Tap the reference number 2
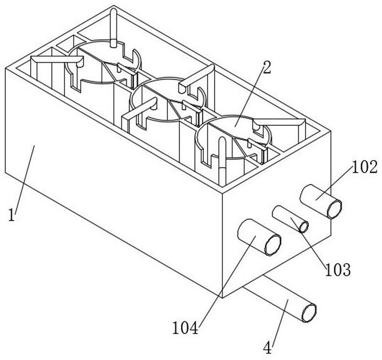(x=266, y=67)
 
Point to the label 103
(x=338, y=270)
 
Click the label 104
(x=185, y=328)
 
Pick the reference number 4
(x=268, y=348)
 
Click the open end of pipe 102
(x=334, y=209)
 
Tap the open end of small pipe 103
(x=304, y=227)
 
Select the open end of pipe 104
(x=273, y=245)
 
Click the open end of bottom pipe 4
(x=309, y=313)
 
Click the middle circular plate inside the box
(x=168, y=100)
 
